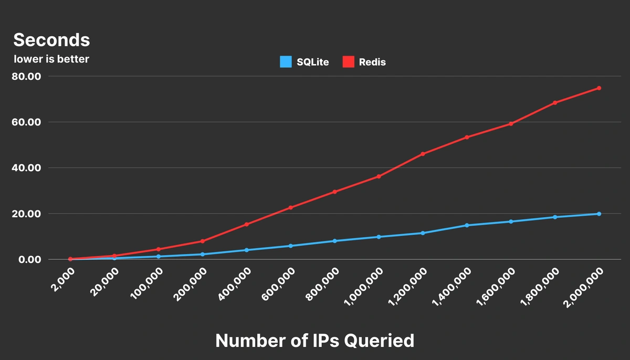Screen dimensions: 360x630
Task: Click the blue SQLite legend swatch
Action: point(286,62)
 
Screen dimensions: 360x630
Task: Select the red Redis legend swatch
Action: point(349,62)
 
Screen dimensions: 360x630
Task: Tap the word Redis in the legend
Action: point(372,62)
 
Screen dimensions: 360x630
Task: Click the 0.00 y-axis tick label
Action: point(29,259)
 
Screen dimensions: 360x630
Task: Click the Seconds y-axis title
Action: point(51,40)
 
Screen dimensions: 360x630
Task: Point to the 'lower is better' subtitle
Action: point(51,59)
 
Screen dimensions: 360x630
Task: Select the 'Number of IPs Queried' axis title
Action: point(315,341)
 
